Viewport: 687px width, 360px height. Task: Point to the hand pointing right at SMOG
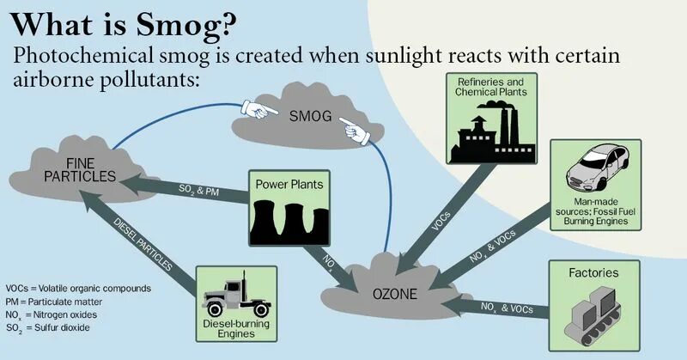pyautogui.click(x=255, y=108)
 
